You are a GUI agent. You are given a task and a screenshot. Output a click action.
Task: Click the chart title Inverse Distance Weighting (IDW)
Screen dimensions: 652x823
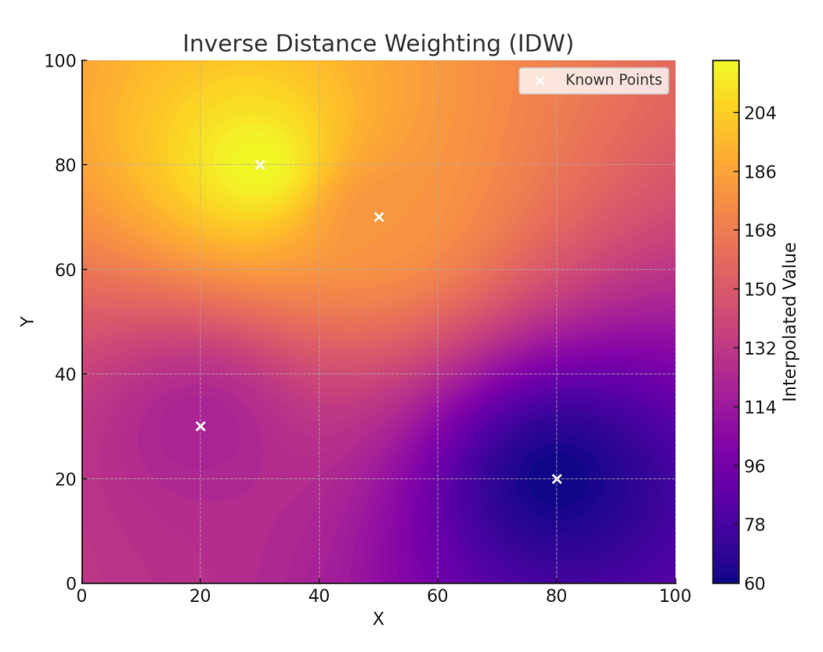click(378, 44)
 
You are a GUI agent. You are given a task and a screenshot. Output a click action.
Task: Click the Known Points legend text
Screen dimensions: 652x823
click(613, 80)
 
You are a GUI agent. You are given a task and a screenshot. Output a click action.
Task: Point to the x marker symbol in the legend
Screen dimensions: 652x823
click(539, 80)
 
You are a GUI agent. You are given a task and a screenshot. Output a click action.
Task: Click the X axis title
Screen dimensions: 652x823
click(378, 619)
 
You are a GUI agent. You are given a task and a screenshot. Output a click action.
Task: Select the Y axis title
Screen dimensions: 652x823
click(27, 322)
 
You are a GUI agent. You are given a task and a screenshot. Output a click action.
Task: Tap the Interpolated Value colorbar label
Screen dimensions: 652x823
click(790, 322)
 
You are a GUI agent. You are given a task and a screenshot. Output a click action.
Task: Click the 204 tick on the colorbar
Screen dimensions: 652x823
click(760, 113)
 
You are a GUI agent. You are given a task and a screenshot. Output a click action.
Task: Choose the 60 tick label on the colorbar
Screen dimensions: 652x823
click(756, 583)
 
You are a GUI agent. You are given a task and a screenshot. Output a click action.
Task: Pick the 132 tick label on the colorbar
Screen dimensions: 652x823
click(760, 348)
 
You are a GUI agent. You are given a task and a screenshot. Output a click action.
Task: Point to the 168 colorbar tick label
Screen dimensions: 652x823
click(760, 231)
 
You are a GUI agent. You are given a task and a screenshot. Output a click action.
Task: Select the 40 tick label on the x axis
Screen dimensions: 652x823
click(319, 597)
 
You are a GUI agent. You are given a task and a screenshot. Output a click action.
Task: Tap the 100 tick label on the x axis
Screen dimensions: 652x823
click(675, 597)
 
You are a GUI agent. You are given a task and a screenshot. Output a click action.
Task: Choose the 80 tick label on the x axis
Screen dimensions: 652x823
click(556, 597)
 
